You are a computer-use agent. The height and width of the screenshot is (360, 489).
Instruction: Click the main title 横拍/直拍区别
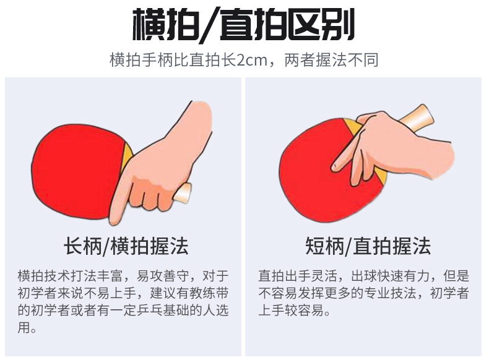pyautogui.click(x=243, y=25)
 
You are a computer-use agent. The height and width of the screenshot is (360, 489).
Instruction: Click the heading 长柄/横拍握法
pyautogui.click(x=126, y=246)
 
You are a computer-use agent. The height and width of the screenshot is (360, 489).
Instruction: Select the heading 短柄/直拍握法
pyautogui.click(x=368, y=246)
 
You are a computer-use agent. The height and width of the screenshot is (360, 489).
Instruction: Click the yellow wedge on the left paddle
pyautogui.click(x=128, y=155)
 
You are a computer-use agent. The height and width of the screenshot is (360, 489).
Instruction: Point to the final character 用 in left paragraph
pyautogui.click(x=24, y=328)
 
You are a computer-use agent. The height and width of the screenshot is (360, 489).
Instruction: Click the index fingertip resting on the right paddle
pyautogui.click(x=335, y=167)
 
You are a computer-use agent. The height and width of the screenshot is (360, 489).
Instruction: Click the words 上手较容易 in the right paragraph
pyautogui.click(x=292, y=311)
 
